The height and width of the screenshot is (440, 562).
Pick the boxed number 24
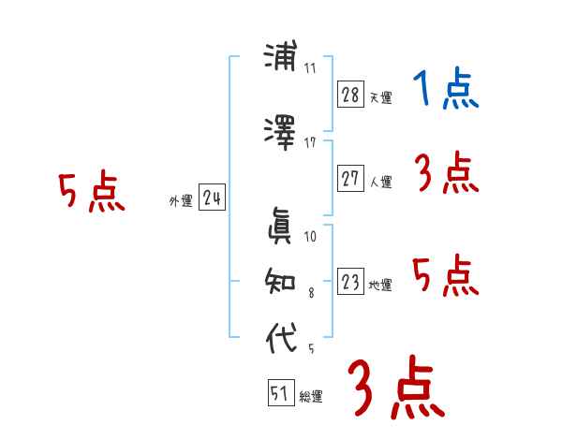212,198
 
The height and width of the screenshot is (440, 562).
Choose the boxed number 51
280,394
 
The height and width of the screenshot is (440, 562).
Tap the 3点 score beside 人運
446,173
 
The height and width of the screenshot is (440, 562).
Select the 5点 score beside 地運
446,276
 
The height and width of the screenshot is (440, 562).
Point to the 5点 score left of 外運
91,194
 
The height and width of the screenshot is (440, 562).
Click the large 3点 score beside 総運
395,389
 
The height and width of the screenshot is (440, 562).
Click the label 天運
380,97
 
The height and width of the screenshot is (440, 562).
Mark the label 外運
180,200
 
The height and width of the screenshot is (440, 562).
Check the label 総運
311,397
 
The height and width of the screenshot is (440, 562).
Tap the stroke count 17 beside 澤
310,142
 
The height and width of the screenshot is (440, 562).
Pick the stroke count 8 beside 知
312,292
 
